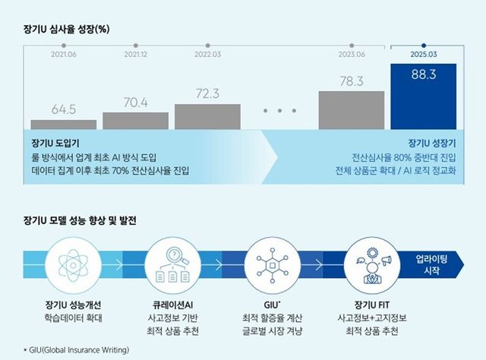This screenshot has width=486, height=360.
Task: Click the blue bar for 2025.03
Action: (423, 96)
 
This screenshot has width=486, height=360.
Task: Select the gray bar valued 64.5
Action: (64, 125)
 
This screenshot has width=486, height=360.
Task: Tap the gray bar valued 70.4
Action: (135, 121)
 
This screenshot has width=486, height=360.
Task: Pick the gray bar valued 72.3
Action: (207, 116)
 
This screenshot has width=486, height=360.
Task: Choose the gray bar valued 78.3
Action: (352, 110)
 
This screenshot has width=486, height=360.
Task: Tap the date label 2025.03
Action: (423, 55)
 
